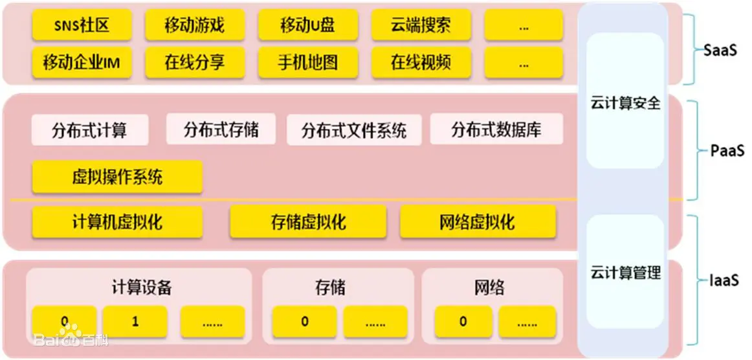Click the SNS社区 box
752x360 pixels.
(82, 26)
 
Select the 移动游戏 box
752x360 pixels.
(195, 26)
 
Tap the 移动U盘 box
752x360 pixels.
(308, 26)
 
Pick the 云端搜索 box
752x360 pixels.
(421, 26)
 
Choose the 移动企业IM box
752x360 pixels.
(82, 63)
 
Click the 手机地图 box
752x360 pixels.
(308, 63)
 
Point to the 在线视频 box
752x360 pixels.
(421, 63)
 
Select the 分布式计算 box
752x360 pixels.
(89, 131)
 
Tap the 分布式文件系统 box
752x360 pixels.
(354, 131)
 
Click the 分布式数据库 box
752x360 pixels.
(496, 131)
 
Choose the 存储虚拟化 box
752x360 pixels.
(308, 222)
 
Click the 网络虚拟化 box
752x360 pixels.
(478, 222)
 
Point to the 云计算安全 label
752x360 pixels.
(626, 103)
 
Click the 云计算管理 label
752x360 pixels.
(626, 273)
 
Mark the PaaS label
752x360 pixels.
(727, 152)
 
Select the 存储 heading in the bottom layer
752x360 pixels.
(331, 287)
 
